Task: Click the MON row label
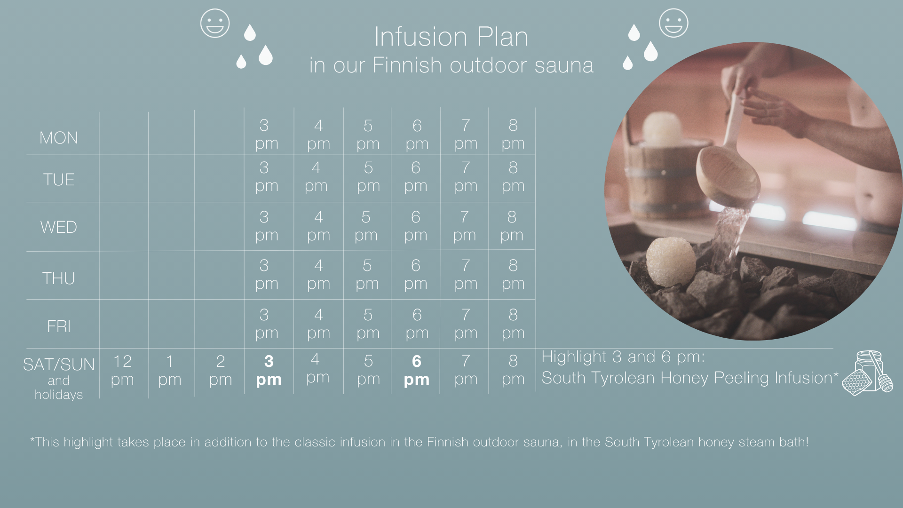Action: (x=59, y=138)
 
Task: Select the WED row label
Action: (x=59, y=227)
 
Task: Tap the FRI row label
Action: (x=59, y=326)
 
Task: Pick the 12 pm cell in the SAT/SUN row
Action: (x=122, y=370)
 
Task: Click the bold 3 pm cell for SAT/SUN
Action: (x=269, y=370)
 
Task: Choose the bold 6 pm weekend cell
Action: (x=417, y=370)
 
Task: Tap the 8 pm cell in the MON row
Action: (x=513, y=134)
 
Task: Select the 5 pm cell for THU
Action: (x=367, y=274)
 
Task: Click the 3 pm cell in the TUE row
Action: (x=267, y=176)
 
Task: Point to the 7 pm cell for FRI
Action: (x=466, y=324)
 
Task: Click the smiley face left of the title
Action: (x=215, y=23)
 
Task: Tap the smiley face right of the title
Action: (x=673, y=23)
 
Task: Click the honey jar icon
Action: (x=868, y=373)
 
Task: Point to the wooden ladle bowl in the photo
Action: (x=728, y=176)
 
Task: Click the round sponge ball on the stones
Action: (x=671, y=262)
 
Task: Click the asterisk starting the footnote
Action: (x=32, y=440)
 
